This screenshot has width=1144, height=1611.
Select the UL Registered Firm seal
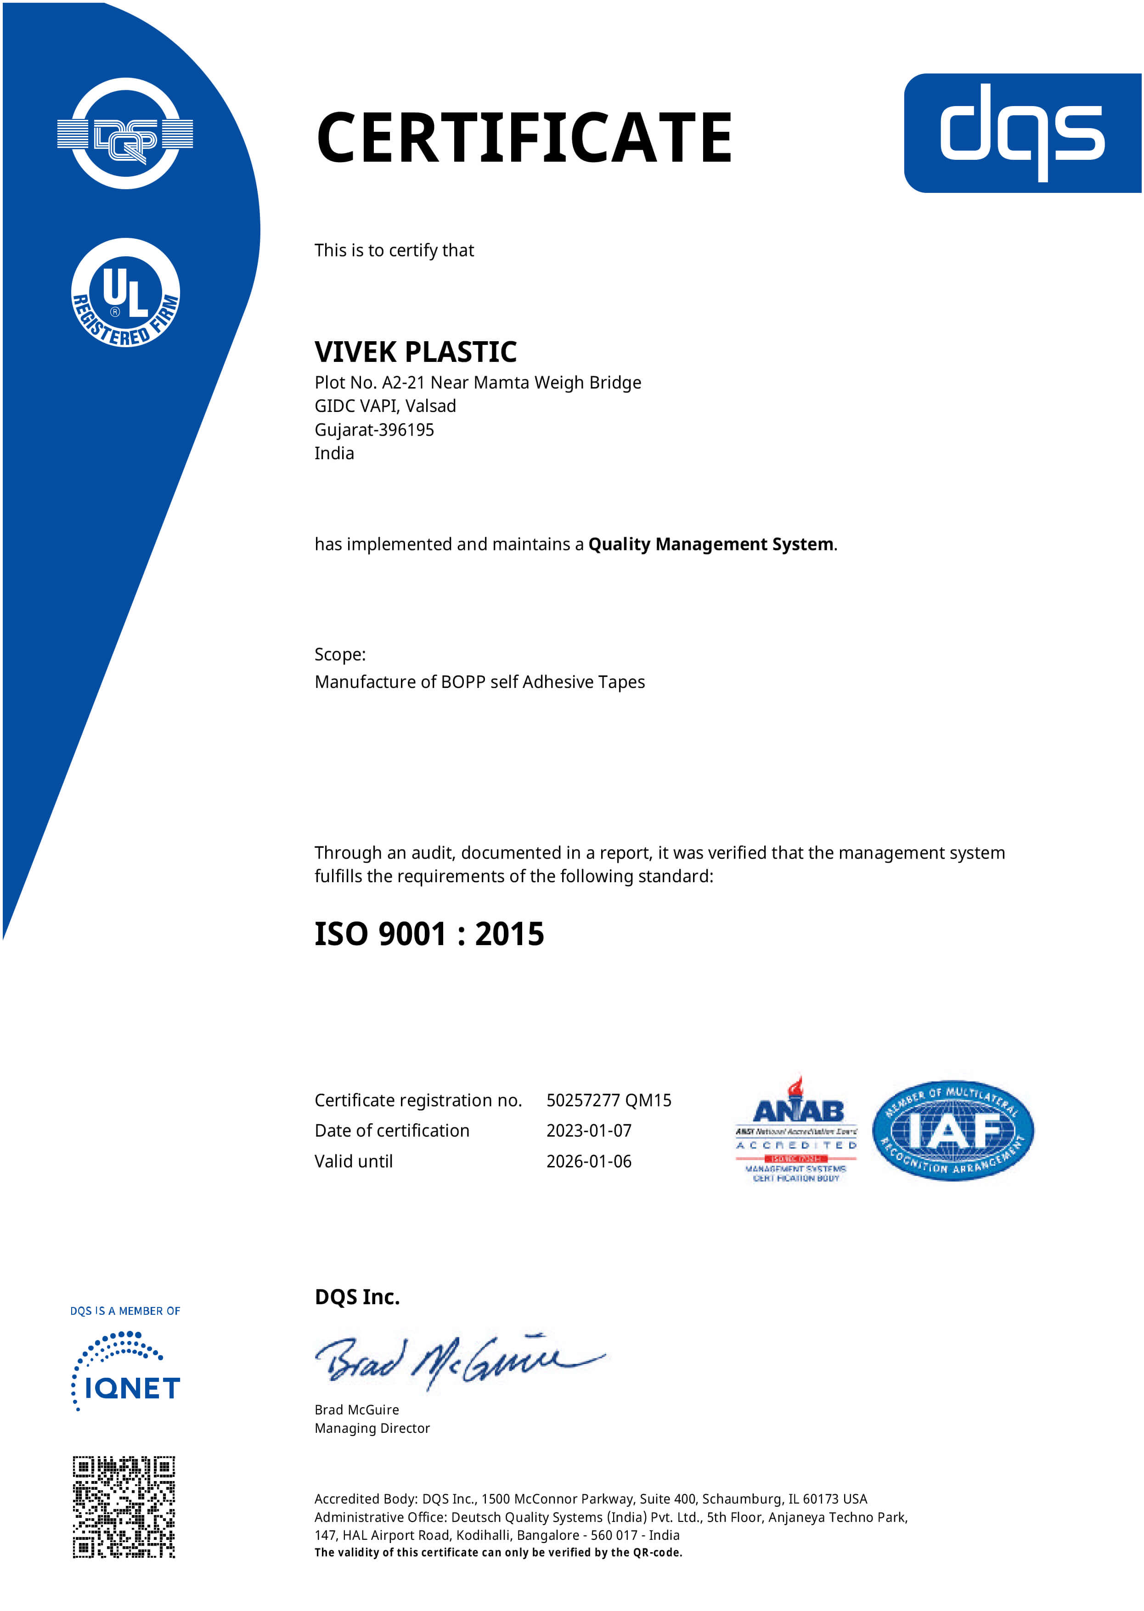click(x=125, y=293)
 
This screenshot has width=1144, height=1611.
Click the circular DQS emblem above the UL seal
click(x=125, y=134)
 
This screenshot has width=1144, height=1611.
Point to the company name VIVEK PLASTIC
click(x=416, y=351)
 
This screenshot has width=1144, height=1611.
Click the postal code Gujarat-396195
click(x=374, y=430)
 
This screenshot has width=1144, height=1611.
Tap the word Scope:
click(x=339, y=654)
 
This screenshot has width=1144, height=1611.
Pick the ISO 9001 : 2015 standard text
click(x=429, y=934)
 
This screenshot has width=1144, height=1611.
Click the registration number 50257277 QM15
click(x=609, y=1100)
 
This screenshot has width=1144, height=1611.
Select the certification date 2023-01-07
click(x=589, y=1131)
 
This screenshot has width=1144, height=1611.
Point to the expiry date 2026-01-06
click(x=589, y=1161)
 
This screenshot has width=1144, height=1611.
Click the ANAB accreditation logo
click(x=797, y=1130)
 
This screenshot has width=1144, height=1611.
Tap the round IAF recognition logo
click(x=952, y=1131)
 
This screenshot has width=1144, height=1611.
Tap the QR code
click(x=124, y=1506)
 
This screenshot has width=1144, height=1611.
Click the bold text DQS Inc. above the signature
click(x=357, y=1297)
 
